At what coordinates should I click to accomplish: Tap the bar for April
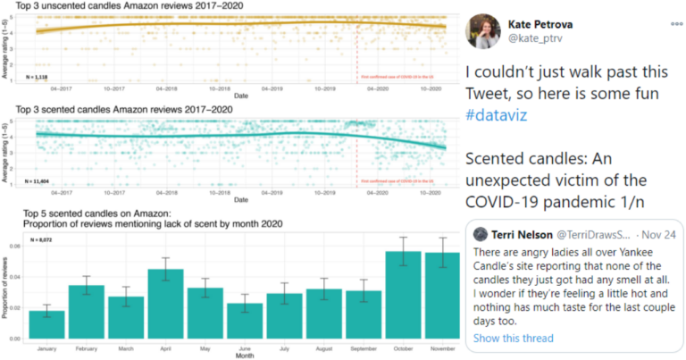coord(165,304)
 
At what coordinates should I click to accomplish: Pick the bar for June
coord(244,321)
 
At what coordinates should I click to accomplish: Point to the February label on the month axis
coord(86,347)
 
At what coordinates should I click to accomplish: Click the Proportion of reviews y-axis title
coord(6,290)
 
